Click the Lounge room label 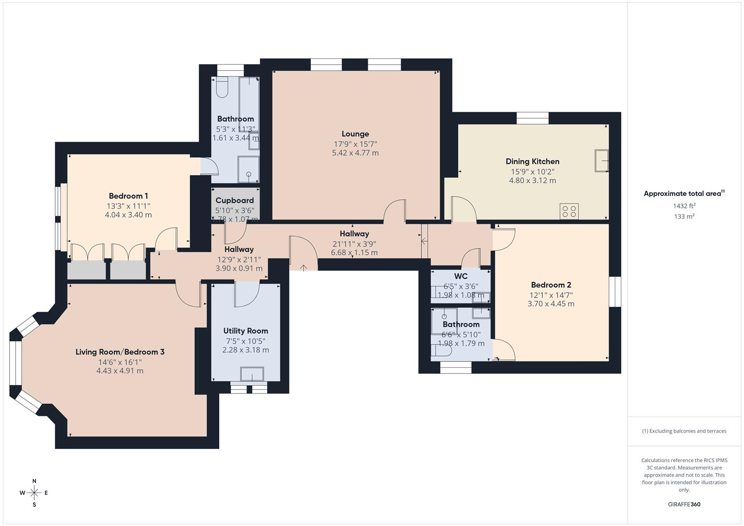point(355,134)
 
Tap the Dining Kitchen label point(532,161)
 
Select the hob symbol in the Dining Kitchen point(569,211)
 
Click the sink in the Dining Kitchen point(601,161)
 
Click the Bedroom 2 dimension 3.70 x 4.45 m point(551,303)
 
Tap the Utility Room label point(246,331)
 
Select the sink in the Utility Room point(252,374)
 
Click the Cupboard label point(234,200)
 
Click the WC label point(460,276)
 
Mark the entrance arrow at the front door point(304,267)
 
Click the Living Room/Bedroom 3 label point(120,352)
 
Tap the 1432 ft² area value point(684,206)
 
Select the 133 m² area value point(684,216)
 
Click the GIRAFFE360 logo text point(684,504)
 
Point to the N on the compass point(34,481)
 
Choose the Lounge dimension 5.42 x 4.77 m point(355,152)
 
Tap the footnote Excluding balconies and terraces point(684,431)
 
